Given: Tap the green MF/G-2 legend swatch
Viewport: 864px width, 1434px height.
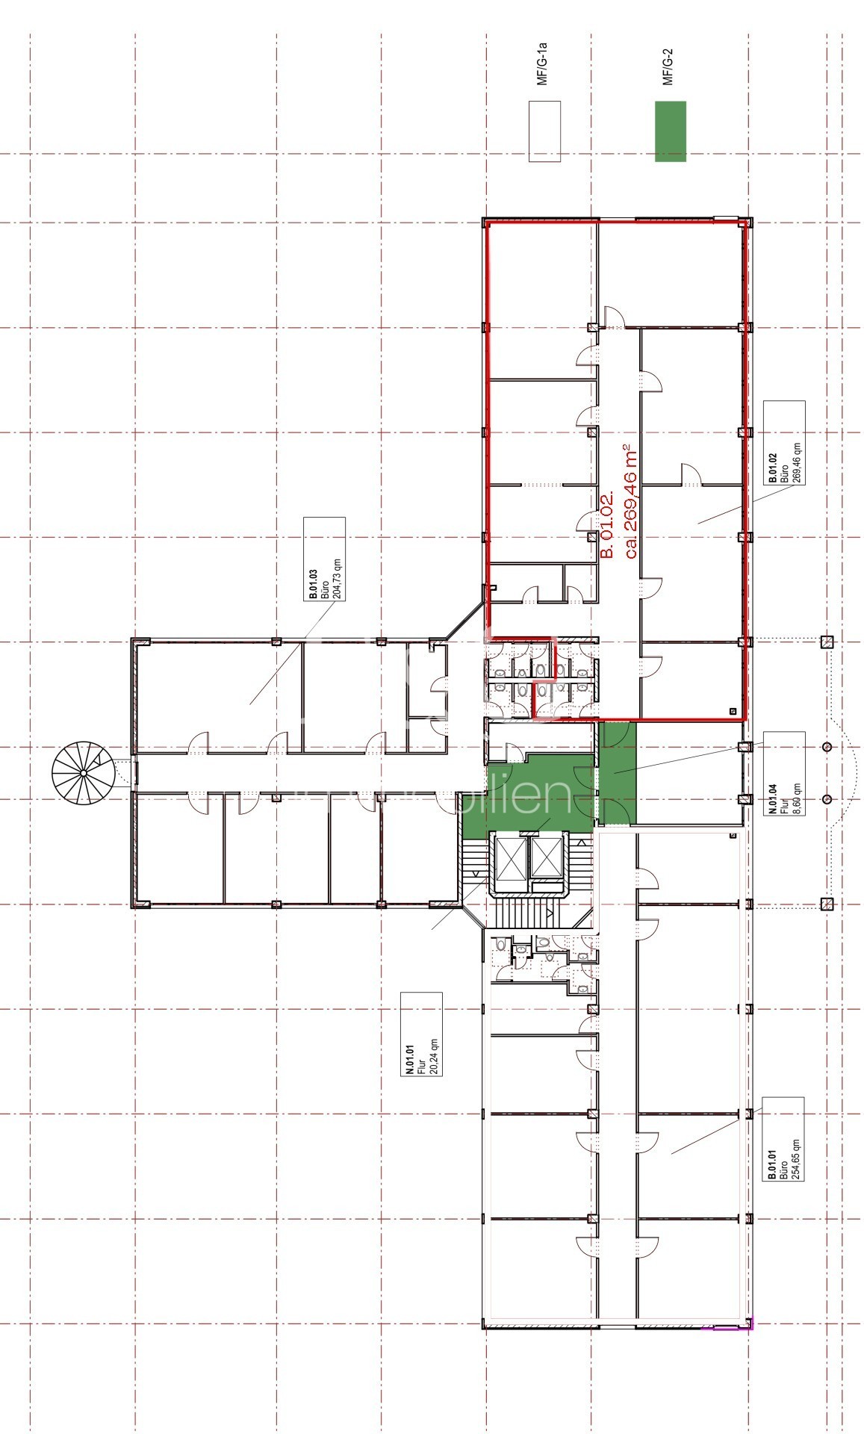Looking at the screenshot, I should tap(670, 131).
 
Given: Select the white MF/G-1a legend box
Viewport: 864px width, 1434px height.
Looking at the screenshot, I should tap(544, 131).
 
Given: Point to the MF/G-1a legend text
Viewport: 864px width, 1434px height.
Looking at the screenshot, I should tap(543, 66).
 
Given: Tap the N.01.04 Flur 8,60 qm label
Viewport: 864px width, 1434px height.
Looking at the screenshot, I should tap(784, 774).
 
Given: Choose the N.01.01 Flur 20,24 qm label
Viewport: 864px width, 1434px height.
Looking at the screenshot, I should tap(421, 1034).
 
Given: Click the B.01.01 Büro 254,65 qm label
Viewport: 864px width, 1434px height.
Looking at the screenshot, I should tap(783, 1138).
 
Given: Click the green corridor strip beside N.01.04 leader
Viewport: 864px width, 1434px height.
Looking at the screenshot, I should tap(618, 773).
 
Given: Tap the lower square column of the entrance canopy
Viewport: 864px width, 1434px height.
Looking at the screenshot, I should tap(827, 904).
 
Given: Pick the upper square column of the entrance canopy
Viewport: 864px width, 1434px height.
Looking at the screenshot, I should tap(827, 641).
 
